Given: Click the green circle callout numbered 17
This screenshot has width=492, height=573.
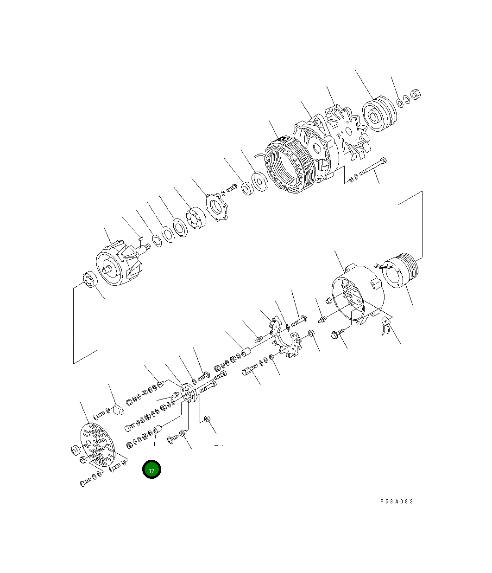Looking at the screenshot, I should (151, 470).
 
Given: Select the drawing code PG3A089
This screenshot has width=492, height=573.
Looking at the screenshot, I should (397, 502).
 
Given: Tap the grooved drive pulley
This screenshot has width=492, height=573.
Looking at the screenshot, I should (379, 115).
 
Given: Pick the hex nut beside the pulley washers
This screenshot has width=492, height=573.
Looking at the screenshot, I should (416, 94).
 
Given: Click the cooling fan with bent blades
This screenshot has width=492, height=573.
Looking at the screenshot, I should (347, 132).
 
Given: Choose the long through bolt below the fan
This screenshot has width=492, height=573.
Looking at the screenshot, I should (373, 167).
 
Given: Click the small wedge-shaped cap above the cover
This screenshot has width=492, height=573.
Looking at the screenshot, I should (117, 409).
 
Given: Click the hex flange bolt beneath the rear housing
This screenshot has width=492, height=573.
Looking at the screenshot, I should (337, 333).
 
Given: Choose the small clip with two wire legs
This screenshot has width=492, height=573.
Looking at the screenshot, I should (385, 326).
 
